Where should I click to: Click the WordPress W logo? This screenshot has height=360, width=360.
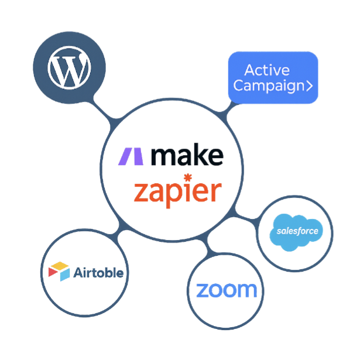click(x=69, y=69)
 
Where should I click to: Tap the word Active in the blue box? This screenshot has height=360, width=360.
click(x=267, y=70)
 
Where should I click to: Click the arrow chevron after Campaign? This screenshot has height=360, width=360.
click(x=308, y=86)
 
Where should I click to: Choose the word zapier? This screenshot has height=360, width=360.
click(x=177, y=191)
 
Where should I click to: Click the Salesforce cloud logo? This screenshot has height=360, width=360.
click(x=296, y=230)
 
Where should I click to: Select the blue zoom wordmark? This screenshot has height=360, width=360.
click(x=227, y=290)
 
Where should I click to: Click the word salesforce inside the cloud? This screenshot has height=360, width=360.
click(x=297, y=231)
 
